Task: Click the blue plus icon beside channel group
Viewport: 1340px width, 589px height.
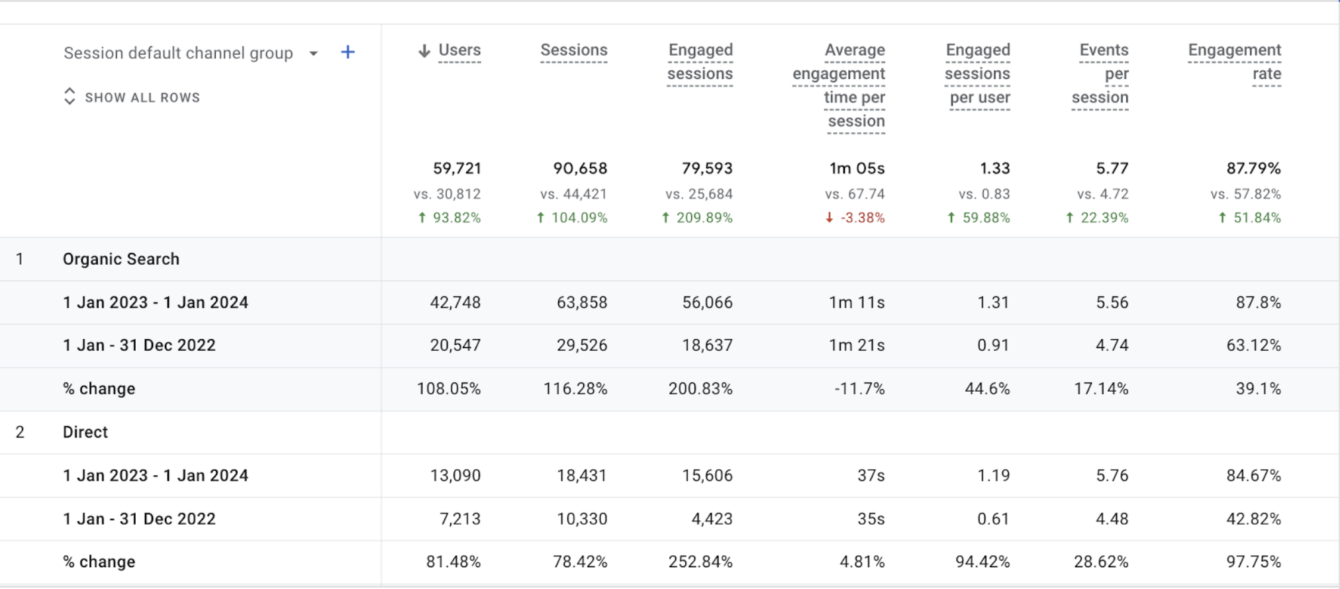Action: tap(348, 52)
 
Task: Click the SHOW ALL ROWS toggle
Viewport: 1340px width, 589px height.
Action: tap(132, 97)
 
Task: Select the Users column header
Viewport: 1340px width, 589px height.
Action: tap(459, 50)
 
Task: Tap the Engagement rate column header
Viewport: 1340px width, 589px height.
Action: tap(1234, 62)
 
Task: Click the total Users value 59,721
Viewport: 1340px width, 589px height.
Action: tap(457, 169)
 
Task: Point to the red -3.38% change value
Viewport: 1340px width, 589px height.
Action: tap(862, 218)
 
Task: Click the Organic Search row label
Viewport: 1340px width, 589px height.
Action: tap(121, 259)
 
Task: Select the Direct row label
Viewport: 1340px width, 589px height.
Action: tap(85, 432)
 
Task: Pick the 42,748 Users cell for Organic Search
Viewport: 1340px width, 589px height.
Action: tap(455, 302)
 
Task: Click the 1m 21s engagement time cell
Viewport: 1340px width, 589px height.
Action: tap(857, 345)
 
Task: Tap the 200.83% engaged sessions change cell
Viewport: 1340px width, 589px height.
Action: tap(700, 388)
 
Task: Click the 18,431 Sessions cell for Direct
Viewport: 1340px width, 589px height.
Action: tap(581, 476)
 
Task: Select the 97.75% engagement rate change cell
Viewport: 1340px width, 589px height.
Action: tap(1253, 562)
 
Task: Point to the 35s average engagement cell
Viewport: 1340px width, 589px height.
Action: tap(871, 519)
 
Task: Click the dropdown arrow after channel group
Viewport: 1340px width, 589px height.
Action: tap(313, 54)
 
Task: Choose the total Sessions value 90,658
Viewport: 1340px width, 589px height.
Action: tap(580, 169)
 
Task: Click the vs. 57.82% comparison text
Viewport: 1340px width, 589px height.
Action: tap(1245, 194)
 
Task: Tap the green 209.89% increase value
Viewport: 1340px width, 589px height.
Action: tap(704, 218)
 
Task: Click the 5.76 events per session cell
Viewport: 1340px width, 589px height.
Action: tap(1112, 476)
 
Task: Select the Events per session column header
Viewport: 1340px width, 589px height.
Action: tap(1100, 73)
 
